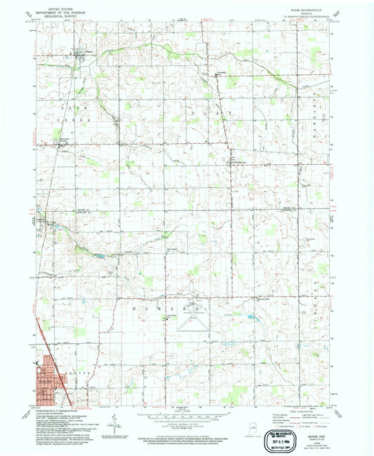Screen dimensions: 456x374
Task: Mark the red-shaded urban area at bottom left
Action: [x=49, y=383]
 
